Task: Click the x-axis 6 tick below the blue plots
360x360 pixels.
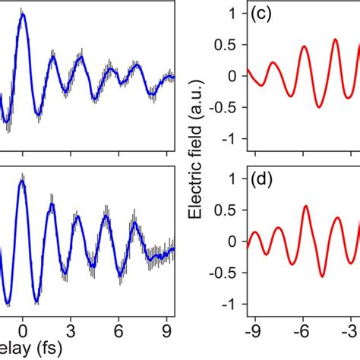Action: tap(118, 330)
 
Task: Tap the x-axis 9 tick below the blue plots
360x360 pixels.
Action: tap(166, 330)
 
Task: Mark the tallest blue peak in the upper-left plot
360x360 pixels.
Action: tap(23, 15)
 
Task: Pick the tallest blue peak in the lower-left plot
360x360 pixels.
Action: tap(23, 182)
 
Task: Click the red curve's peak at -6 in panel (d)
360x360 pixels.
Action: tap(305, 206)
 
